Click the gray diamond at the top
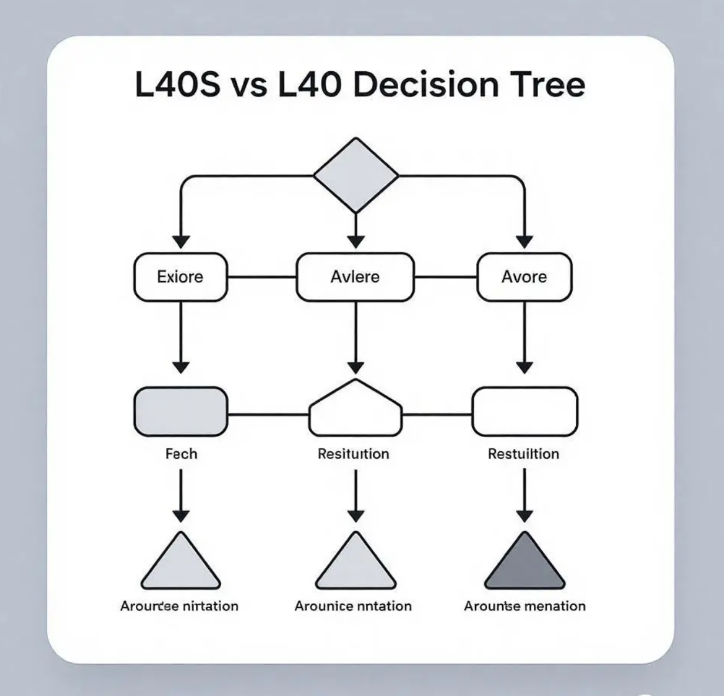(x=356, y=175)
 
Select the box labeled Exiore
(x=181, y=277)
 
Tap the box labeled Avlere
(x=355, y=277)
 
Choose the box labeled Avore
(x=524, y=277)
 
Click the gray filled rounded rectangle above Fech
(x=181, y=411)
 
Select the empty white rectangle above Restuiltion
(x=525, y=411)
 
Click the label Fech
(x=181, y=454)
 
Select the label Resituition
(x=353, y=454)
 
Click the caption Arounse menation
(x=525, y=606)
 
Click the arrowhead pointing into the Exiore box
(x=181, y=242)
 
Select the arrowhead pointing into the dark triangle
(x=524, y=516)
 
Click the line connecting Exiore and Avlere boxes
(x=262, y=277)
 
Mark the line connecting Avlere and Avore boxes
(x=445, y=277)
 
